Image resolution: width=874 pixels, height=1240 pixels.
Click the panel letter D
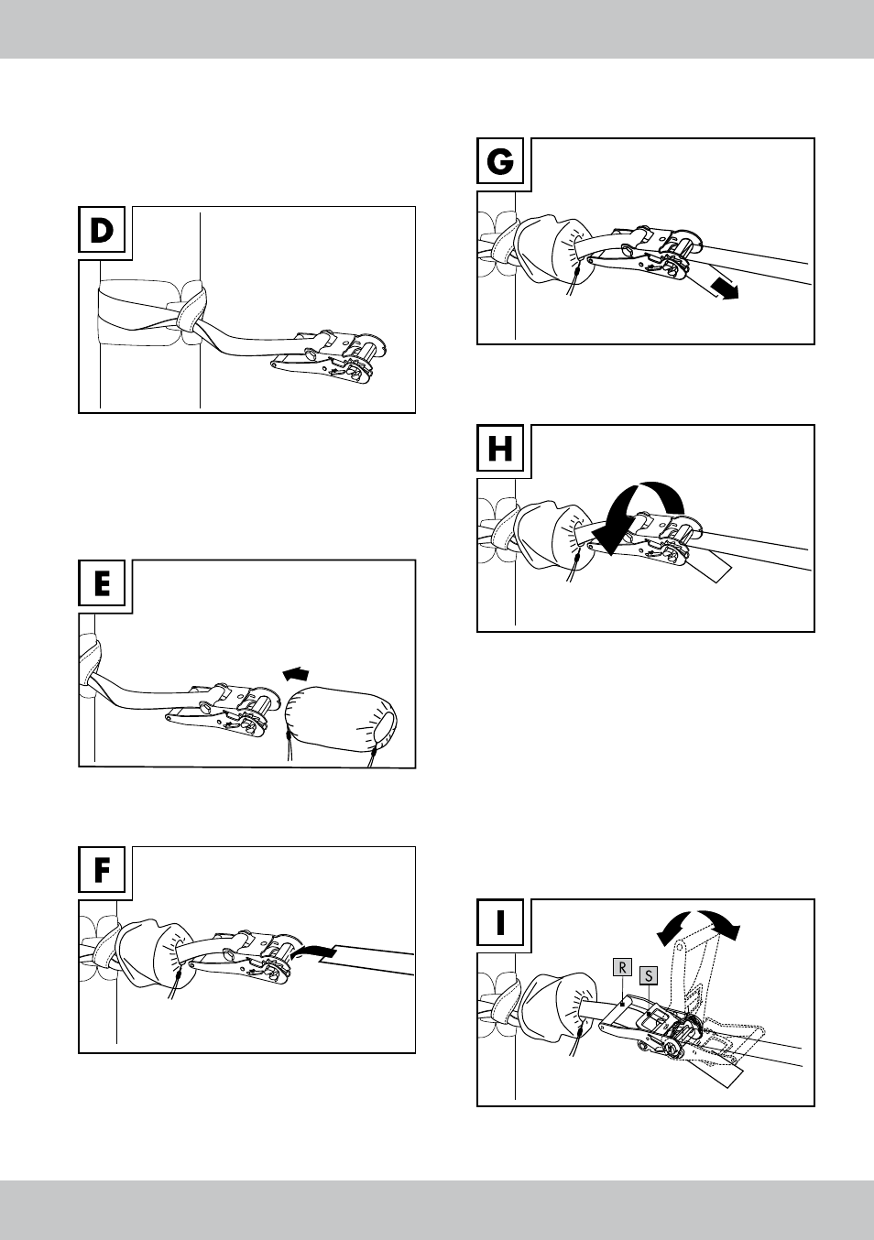(x=102, y=232)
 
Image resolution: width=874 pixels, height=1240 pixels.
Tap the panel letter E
(x=102, y=585)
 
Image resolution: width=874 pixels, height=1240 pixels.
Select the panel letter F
(x=102, y=871)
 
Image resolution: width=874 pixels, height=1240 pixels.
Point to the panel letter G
(x=499, y=162)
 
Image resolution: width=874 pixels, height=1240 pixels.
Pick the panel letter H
(x=499, y=449)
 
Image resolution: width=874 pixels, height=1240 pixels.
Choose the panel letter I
(x=500, y=923)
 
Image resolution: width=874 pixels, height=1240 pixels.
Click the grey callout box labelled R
(x=622, y=967)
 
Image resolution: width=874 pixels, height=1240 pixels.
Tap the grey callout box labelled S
(x=648, y=975)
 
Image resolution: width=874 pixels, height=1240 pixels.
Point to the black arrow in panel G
(x=725, y=288)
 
